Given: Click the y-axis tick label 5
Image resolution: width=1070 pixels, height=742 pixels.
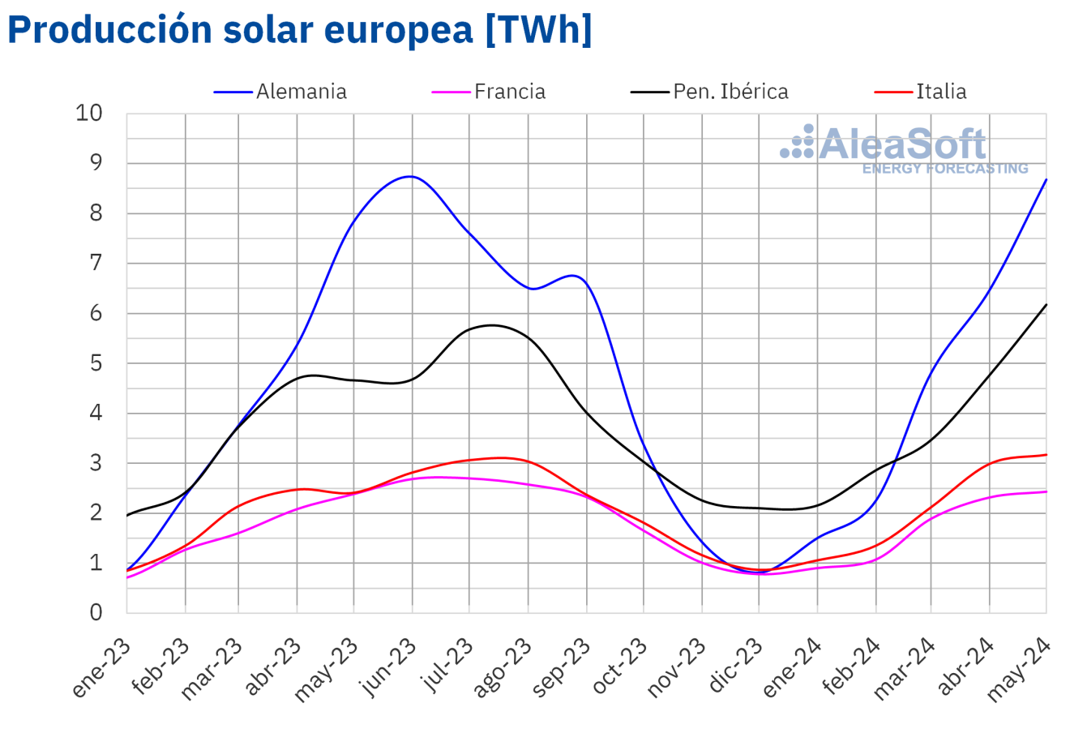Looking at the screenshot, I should click(x=96, y=363).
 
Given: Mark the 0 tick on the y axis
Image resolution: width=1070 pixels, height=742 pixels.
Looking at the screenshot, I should click(x=96, y=613).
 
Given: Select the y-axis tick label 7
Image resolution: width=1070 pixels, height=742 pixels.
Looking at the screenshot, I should click(x=96, y=264).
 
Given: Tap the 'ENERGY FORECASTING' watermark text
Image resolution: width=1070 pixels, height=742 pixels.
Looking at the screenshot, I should click(x=944, y=169).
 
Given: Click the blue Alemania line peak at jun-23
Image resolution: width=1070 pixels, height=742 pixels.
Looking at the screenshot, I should click(x=411, y=176).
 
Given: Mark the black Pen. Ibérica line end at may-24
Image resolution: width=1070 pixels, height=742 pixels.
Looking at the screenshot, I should click(x=1046, y=305).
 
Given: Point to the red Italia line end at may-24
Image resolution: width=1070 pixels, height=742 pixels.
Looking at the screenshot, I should click(x=1046, y=455).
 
